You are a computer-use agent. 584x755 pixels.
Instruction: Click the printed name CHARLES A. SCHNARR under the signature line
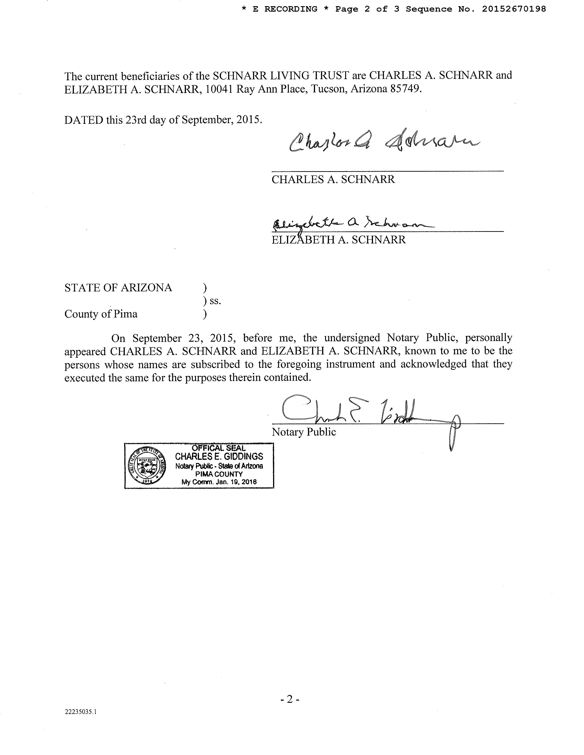333,179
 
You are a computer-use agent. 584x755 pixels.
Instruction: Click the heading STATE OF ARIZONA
118,288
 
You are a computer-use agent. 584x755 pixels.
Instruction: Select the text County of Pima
101,314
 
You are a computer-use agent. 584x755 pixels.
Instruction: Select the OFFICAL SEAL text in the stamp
219,448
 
